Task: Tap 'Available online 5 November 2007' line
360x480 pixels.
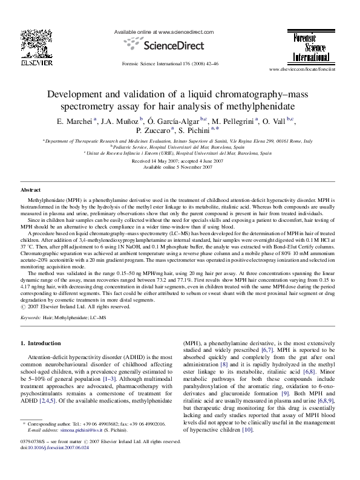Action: coord(180,167)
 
